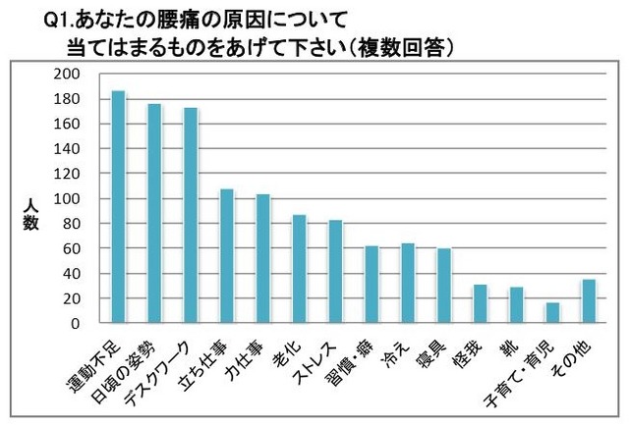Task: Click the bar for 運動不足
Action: pyautogui.click(x=118, y=207)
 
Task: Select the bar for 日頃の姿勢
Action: pyautogui.click(x=154, y=213)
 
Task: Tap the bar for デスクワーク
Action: pyautogui.click(x=191, y=215)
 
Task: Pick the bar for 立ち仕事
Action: pyautogui.click(x=226, y=255)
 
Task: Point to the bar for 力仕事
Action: pyautogui.click(x=262, y=258)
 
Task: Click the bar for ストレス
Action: pyautogui.click(x=335, y=271)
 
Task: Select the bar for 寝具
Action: pyautogui.click(x=444, y=286)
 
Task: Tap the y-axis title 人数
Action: pyautogui.click(x=30, y=216)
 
